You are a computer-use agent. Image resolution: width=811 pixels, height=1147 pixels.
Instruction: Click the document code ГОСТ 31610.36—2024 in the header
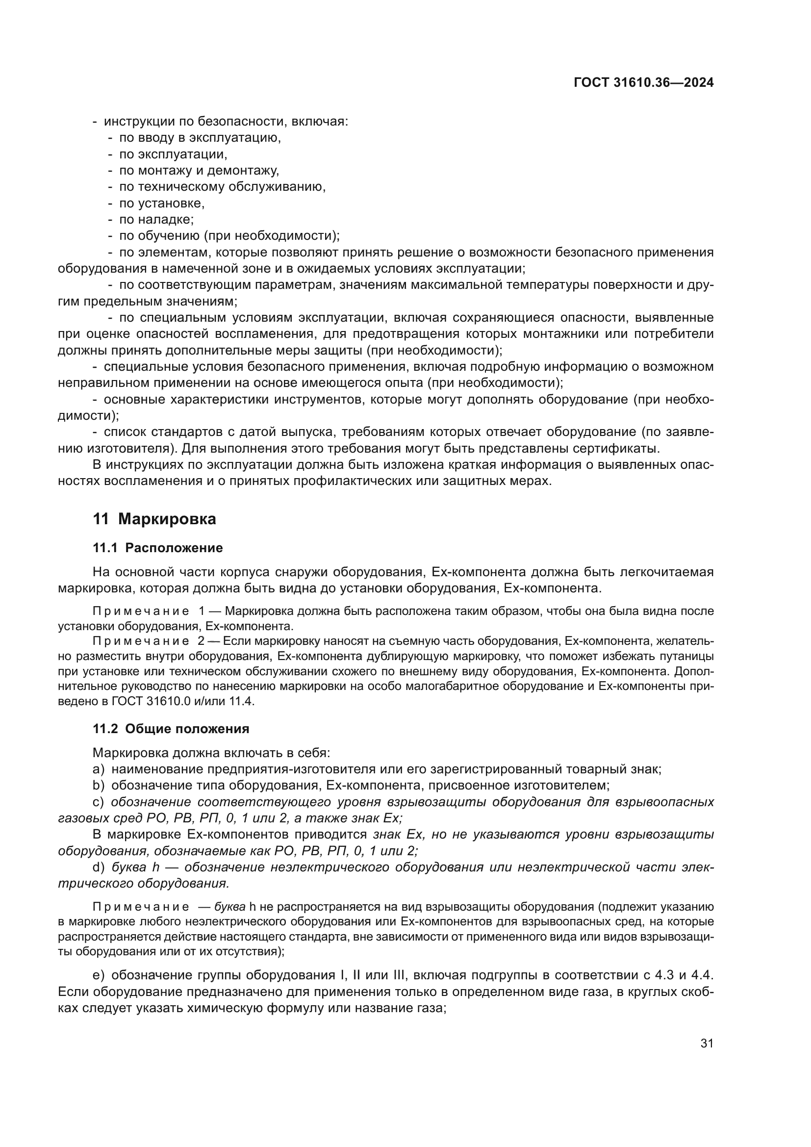[643, 83]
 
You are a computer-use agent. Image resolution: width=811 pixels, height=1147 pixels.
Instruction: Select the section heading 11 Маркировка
[154, 519]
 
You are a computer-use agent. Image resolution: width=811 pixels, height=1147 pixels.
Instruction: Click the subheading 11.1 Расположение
[158, 548]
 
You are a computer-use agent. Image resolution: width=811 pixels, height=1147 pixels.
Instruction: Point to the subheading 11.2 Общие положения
[171, 729]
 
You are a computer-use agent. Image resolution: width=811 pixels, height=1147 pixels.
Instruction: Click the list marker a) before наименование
[99, 769]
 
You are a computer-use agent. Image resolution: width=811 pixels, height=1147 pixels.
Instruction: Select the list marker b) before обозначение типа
[99, 786]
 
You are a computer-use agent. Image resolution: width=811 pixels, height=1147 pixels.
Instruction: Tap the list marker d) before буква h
[99, 867]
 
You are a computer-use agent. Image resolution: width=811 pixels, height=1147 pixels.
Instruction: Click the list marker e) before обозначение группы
[99, 975]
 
